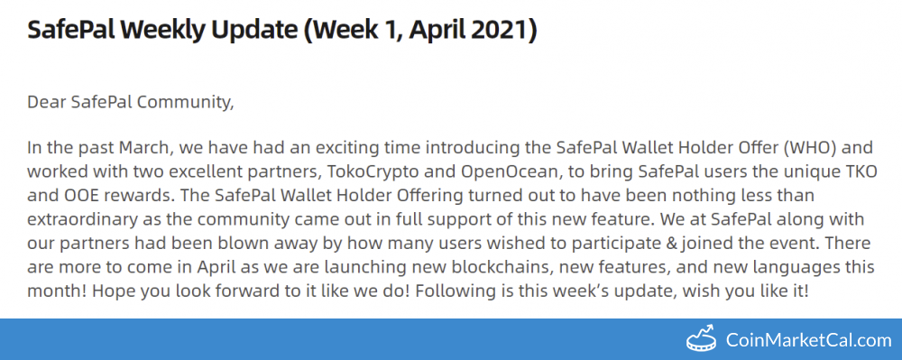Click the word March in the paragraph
tap(145, 148)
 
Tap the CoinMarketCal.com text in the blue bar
tap(808, 340)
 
